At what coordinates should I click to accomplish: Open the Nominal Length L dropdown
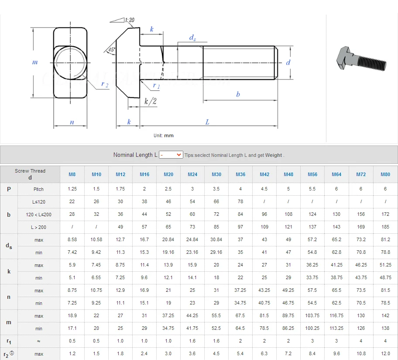pyautogui.click(x=171, y=155)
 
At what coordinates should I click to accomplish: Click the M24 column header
pyautogui.click(x=192, y=174)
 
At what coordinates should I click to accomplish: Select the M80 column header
pyautogui.click(x=385, y=174)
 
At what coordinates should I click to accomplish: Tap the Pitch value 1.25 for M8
pyautogui.click(x=72, y=189)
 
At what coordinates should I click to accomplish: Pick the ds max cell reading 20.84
pyautogui.click(x=168, y=240)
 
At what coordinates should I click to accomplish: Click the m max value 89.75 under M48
pyautogui.click(x=288, y=315)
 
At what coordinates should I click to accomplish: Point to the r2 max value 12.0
pyautogui.click(x=385, y=354)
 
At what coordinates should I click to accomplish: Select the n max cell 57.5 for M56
pyautogui.click(x=312, y=290)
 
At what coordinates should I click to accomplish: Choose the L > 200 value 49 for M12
pyautogui.click(x=120, y=227)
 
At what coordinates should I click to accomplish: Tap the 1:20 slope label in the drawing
pyautogui.click(x=129, y=20)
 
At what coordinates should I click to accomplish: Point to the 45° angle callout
pyautogui.click(x=112, y=49)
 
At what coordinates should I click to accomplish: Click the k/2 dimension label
pyautogui.click(x=150, y=101)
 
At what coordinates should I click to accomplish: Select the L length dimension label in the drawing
pyautogui.click(x=207, y=122)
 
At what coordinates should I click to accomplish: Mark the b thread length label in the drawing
pyautogui.click(x=238, y=94)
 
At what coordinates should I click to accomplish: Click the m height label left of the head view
pyautogui.click(x=35, y=62)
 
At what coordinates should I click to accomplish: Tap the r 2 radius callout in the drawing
pyautogui.click(x=105, y=84)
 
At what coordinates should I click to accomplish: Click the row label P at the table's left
pyautogui.click(x=9, y=189)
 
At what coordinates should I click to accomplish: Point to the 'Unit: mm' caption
pyautogui.click(x=164, y=135)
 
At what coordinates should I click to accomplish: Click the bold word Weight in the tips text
pyautogui.click(x=274, y=155)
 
